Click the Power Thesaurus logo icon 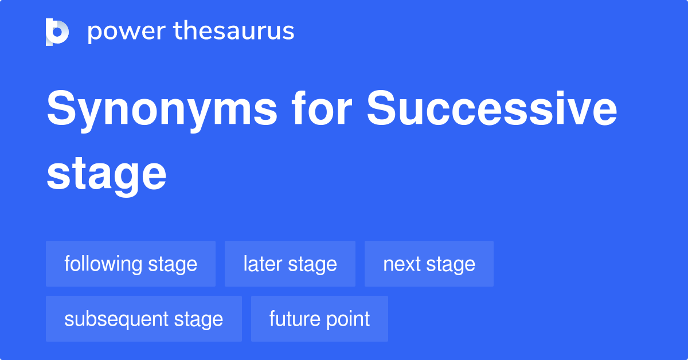(57, 32)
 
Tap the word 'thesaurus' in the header (234, 32)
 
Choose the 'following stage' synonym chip (131, 264)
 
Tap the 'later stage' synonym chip (290, 264)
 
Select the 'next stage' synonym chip (429, 264)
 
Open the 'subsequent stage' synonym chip (144, 319)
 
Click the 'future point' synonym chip (319, 319)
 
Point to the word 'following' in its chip (103, 264)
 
